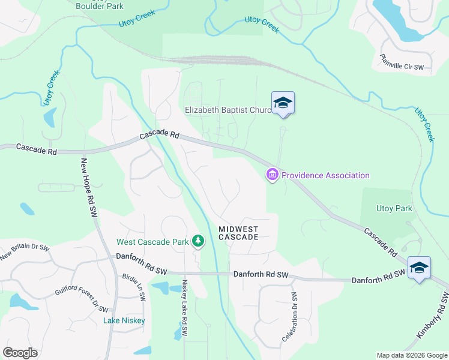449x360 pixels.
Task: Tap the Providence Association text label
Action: click(325, 175)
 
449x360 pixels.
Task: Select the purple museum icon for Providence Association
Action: click(272, 175)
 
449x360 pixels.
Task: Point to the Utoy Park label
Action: click(394, 209)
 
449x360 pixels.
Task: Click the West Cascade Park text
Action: click(153, 242)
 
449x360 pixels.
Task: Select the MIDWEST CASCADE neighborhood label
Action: click(238, 233)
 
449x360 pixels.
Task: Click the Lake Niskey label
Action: click(124, 320)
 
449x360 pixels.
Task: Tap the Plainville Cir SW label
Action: click(402, 62)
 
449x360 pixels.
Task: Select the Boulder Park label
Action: click(100, 6)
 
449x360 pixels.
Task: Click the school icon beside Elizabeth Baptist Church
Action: click(283, 103)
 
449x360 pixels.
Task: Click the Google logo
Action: click(20, 353)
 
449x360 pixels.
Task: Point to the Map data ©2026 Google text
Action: click(412, 355)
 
